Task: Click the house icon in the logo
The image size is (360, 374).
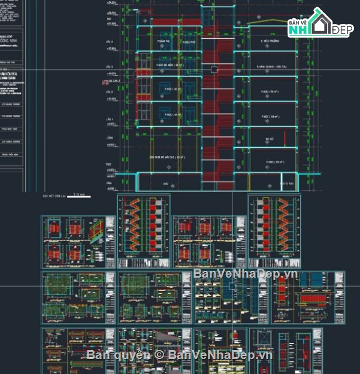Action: point(317,24)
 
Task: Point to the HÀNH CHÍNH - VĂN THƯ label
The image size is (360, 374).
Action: point(268,67)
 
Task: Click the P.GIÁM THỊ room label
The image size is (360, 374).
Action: point(163,42)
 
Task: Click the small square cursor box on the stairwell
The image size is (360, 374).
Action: point(214,70)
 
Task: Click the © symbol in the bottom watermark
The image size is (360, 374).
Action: point(159,355)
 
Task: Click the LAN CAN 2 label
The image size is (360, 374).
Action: point(112,80)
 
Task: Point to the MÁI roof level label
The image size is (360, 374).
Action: point(110,19)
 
